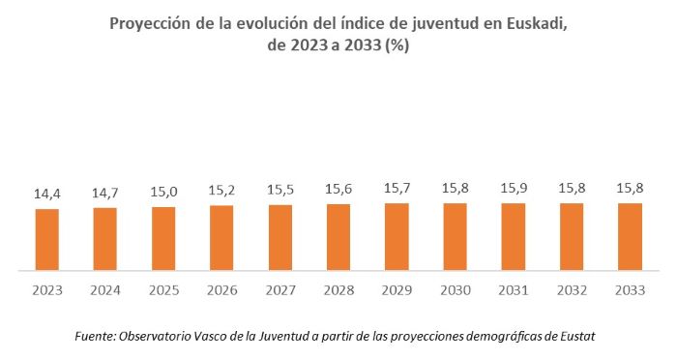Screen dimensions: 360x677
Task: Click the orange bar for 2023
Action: [x=47, y=239]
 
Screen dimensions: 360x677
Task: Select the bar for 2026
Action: [x=221, y=237]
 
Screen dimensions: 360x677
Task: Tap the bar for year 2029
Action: [x=397, y=236]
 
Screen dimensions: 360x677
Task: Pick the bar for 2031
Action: [x=513, y=236]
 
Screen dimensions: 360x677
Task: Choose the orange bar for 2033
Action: [x=630, y=236]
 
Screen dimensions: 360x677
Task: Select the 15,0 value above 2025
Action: [x=163, y=193]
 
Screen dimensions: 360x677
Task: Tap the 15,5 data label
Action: [x=280, y=191]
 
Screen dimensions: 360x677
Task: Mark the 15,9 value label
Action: [x=513, y=189]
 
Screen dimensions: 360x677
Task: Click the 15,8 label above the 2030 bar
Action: [x=455, y=190]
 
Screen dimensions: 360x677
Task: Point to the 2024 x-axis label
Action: [x=105, y=288]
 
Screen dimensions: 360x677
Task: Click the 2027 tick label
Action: [x=280, y=288]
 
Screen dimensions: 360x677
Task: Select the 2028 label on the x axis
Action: [x=338, y=288]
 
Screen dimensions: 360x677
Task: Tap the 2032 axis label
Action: [x=572, y=288]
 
